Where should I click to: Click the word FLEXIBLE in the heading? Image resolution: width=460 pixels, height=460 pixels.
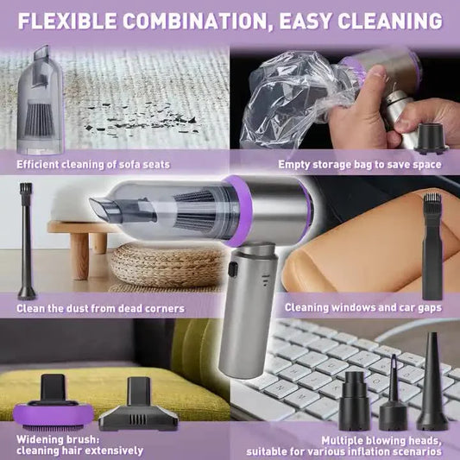point(67,21)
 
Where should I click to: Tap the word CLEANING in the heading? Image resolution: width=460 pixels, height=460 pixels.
point(390,21)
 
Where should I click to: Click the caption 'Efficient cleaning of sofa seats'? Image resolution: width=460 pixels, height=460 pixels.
point(93,164)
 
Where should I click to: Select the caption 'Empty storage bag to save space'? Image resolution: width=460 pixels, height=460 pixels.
point(360,164)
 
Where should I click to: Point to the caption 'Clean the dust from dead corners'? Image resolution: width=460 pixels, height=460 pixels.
point(100,308)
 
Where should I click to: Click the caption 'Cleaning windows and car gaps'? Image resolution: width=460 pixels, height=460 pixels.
point(363,307)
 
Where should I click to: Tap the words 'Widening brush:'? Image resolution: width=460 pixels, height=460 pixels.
point(58,439)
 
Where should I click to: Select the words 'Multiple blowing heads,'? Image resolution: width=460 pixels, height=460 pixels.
point(381,440)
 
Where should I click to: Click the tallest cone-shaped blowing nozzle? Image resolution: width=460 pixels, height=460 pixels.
point(432,381)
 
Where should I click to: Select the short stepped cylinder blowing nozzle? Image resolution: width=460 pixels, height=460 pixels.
point(354,401)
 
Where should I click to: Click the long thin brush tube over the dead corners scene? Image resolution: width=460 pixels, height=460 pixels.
point(27,241)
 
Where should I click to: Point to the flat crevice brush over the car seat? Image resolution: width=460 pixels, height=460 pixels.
point(432,247)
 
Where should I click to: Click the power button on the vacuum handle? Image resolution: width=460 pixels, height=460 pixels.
point(233,269)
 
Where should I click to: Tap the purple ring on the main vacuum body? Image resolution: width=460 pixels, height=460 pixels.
point(238,211)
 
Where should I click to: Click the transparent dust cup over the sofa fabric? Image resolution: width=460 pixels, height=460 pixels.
point(41,101)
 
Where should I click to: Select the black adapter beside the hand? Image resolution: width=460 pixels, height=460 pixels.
point(431,138)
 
